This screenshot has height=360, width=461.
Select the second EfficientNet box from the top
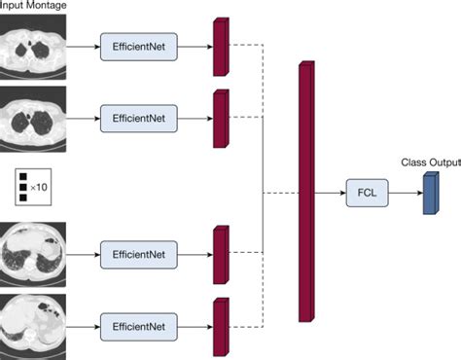pyautogui.click(x=139, y=119)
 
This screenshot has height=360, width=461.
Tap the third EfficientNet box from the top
pyautogui.click(x=139, y=254)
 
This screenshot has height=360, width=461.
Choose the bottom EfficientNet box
pyautogui.click(x=139, y=324)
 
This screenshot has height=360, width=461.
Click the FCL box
pyautogui.click(x=366, y=193)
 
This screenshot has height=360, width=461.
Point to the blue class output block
pyautogui.click(x=429, y=193)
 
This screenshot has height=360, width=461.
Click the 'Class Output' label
pyautogui.click(x=429, y=162)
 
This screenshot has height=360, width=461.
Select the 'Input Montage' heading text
pyautogui.click(x=32, y=7)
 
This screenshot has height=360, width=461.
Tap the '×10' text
pyautogui.click(x=38, y=185)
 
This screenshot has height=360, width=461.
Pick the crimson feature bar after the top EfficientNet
pyautogui.click(x=219, y=46)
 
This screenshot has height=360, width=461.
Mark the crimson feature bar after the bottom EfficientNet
pyautogui.click(x=219, y=325)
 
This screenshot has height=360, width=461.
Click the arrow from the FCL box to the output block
pyautogui.click(x=404, y=193)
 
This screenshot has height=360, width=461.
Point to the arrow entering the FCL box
pyautogui.click(x=330, y=193)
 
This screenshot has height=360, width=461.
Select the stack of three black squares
pyautogui.click(x=22, y=185)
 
